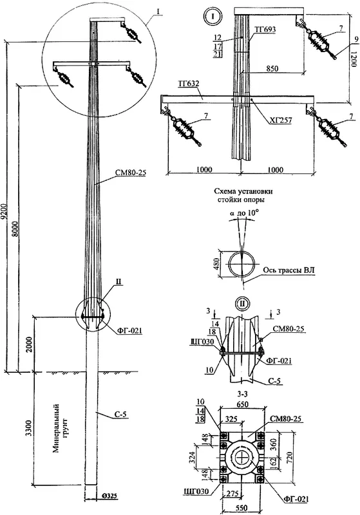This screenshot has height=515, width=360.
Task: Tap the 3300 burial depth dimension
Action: coord(29,427)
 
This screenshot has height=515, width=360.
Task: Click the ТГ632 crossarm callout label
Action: coord(188,84)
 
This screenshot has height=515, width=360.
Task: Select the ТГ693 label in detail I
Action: coord(265,30)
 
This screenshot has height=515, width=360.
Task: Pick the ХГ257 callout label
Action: coord(281,120)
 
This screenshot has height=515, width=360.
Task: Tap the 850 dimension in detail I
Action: coord(272,68)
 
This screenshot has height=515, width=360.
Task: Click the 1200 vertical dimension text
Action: coord(353,59)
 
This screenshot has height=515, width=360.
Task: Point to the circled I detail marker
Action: coord(213,17)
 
